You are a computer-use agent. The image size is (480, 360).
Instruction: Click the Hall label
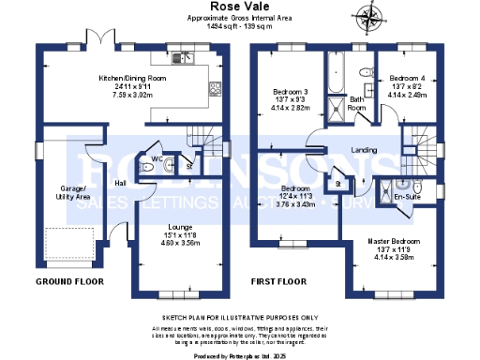[x=120, y=183]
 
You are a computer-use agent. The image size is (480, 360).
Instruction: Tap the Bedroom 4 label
[x=407, y=78]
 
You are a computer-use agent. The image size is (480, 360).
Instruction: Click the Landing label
[x=364, y=150]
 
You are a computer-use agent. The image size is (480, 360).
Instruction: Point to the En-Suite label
[x=406, y=198]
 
